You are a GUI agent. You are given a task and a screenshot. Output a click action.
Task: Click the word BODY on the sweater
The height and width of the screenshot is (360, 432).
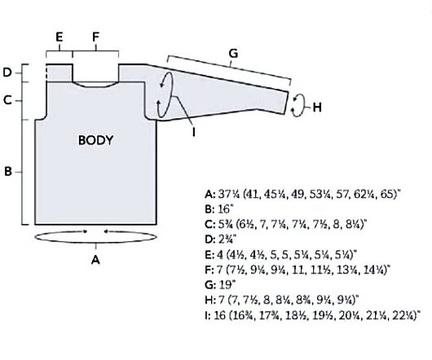click(x=95, y=140)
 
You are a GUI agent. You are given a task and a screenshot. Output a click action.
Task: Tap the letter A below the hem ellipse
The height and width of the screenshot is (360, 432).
click(x=95, y=260)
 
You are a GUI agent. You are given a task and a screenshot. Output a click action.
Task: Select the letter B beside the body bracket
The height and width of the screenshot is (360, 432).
click(x=8, y=172)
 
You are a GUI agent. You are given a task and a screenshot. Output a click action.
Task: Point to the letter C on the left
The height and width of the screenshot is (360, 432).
click(x=8, y=100)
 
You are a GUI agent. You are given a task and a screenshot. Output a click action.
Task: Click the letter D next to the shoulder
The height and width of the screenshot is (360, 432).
click(x=7, y=72)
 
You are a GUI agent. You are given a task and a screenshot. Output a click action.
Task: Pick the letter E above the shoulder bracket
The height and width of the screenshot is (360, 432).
click(x=60, y=37)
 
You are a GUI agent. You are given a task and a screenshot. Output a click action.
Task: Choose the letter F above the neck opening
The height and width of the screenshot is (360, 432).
click(x=95, y=37)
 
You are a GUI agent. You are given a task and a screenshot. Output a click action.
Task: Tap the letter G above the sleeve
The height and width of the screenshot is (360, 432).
click(x=233, y=54)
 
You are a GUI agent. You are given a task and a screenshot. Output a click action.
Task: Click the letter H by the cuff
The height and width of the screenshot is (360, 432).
click(x=317, y=108)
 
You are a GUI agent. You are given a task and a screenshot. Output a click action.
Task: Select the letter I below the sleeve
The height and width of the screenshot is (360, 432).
click(x=194, y=132)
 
